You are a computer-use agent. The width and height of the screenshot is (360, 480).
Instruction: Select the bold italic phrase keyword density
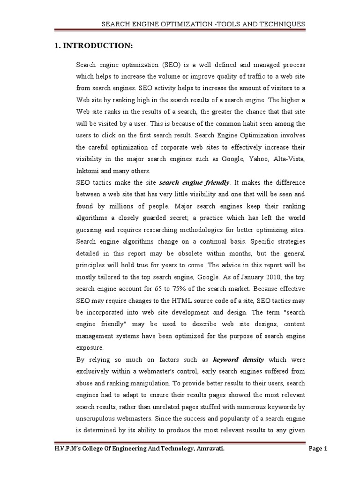[238, 360]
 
